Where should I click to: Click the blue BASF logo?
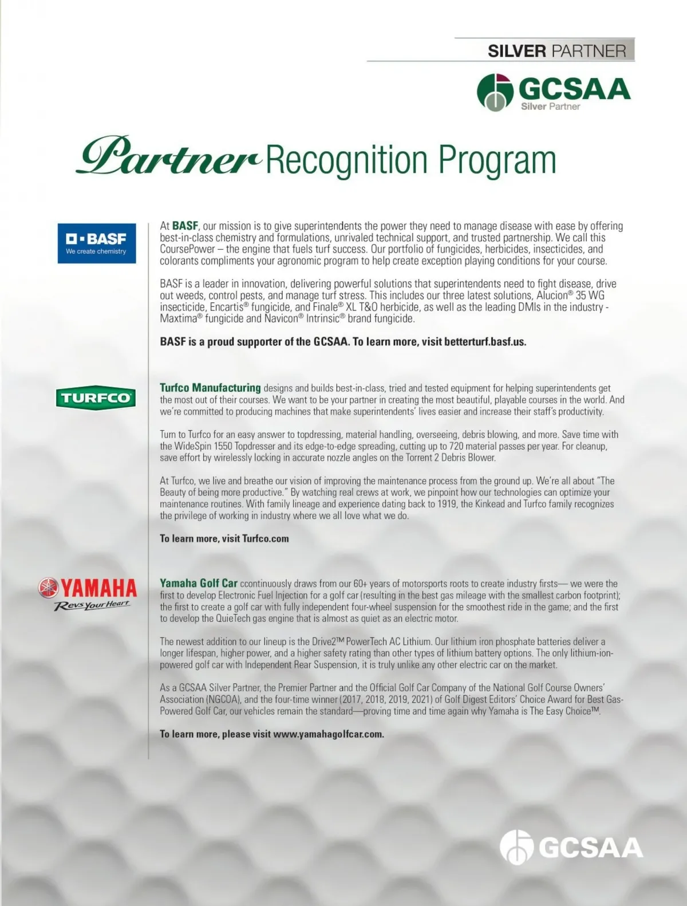coord(97,243)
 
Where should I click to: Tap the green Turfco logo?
coord(96,397)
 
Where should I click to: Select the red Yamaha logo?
coord(88,588)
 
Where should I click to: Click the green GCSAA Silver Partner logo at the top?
coord(553,92)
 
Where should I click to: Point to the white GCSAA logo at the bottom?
coord(571,848)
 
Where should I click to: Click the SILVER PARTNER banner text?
coord(556,50)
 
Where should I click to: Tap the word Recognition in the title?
coord(346,160)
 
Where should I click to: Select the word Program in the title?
coord(498,160)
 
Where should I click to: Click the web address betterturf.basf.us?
coord(485,342)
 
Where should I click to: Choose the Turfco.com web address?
coord(265,538)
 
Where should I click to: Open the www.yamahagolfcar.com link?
coord(328,734)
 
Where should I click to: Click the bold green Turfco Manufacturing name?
coord(210,388)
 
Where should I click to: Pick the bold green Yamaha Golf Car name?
coord(198,583)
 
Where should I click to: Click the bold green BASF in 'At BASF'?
coord(185,226)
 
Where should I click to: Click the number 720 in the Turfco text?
coord(456,446)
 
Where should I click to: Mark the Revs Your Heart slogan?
coord(92,606)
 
